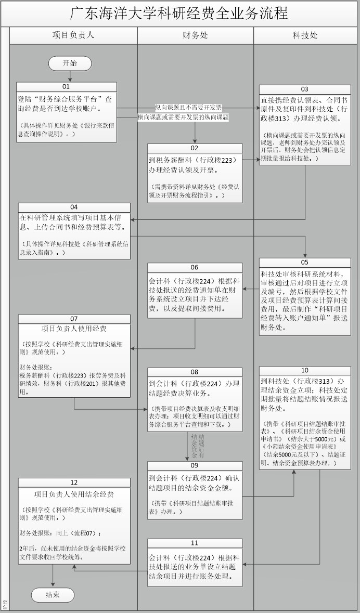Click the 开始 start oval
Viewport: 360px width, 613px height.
pos(70,63)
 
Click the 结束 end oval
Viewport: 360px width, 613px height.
pos(53,595)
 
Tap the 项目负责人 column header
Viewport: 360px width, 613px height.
pos(73,35)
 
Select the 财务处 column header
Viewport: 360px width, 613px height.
pos(196,35)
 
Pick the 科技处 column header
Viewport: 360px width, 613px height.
pos(305,35)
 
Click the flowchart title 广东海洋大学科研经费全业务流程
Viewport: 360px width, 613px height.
pos(179,13)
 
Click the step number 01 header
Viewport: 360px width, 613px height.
pos(66,87)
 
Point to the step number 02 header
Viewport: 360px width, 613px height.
pos(195,148)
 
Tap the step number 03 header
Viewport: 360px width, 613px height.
pos(305,89)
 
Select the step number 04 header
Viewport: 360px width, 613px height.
pos(74,207)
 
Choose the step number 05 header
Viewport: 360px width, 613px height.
pos(305,263)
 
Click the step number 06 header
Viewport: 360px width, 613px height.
pos(195,268)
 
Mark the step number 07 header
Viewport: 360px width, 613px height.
pos(74,319)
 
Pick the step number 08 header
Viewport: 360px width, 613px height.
pos(195,372)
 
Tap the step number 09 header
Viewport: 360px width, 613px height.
pos(195,466)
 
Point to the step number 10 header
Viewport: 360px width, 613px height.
pos(305,370)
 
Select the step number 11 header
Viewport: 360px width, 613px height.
pos(195,543)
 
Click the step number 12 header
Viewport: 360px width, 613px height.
pos(74,482)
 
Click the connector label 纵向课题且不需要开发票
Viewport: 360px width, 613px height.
pos(188,107)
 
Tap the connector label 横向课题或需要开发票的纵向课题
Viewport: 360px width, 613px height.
pos(183,118)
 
